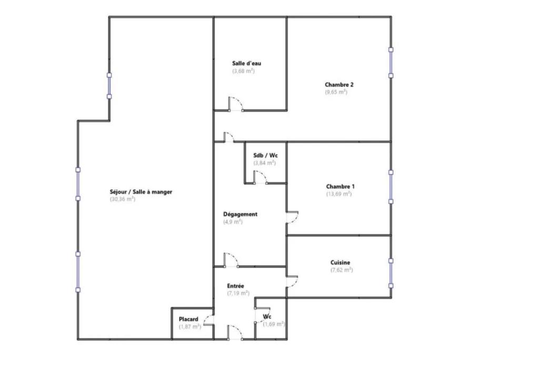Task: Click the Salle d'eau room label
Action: (246, 64)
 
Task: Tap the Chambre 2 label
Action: (339, 85)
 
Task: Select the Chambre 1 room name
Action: (341, 187)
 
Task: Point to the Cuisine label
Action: (341, 263)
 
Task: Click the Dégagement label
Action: (240, 214)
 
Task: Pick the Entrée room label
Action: (235, 286)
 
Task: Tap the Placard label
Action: (188, 319)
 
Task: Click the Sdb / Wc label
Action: (265, 156)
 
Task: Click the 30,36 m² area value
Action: (122, 199)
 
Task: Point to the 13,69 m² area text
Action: (339, 194)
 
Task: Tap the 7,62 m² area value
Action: (342, 270)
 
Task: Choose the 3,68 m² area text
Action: (243, 71)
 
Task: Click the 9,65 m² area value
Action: (336, 92)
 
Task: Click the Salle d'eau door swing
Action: (236, 104)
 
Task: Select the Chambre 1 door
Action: (292, 217)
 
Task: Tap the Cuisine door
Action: (292, 282)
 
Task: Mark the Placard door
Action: (208, 320)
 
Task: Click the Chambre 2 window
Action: (391, 63)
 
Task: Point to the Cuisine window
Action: (391, 273)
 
